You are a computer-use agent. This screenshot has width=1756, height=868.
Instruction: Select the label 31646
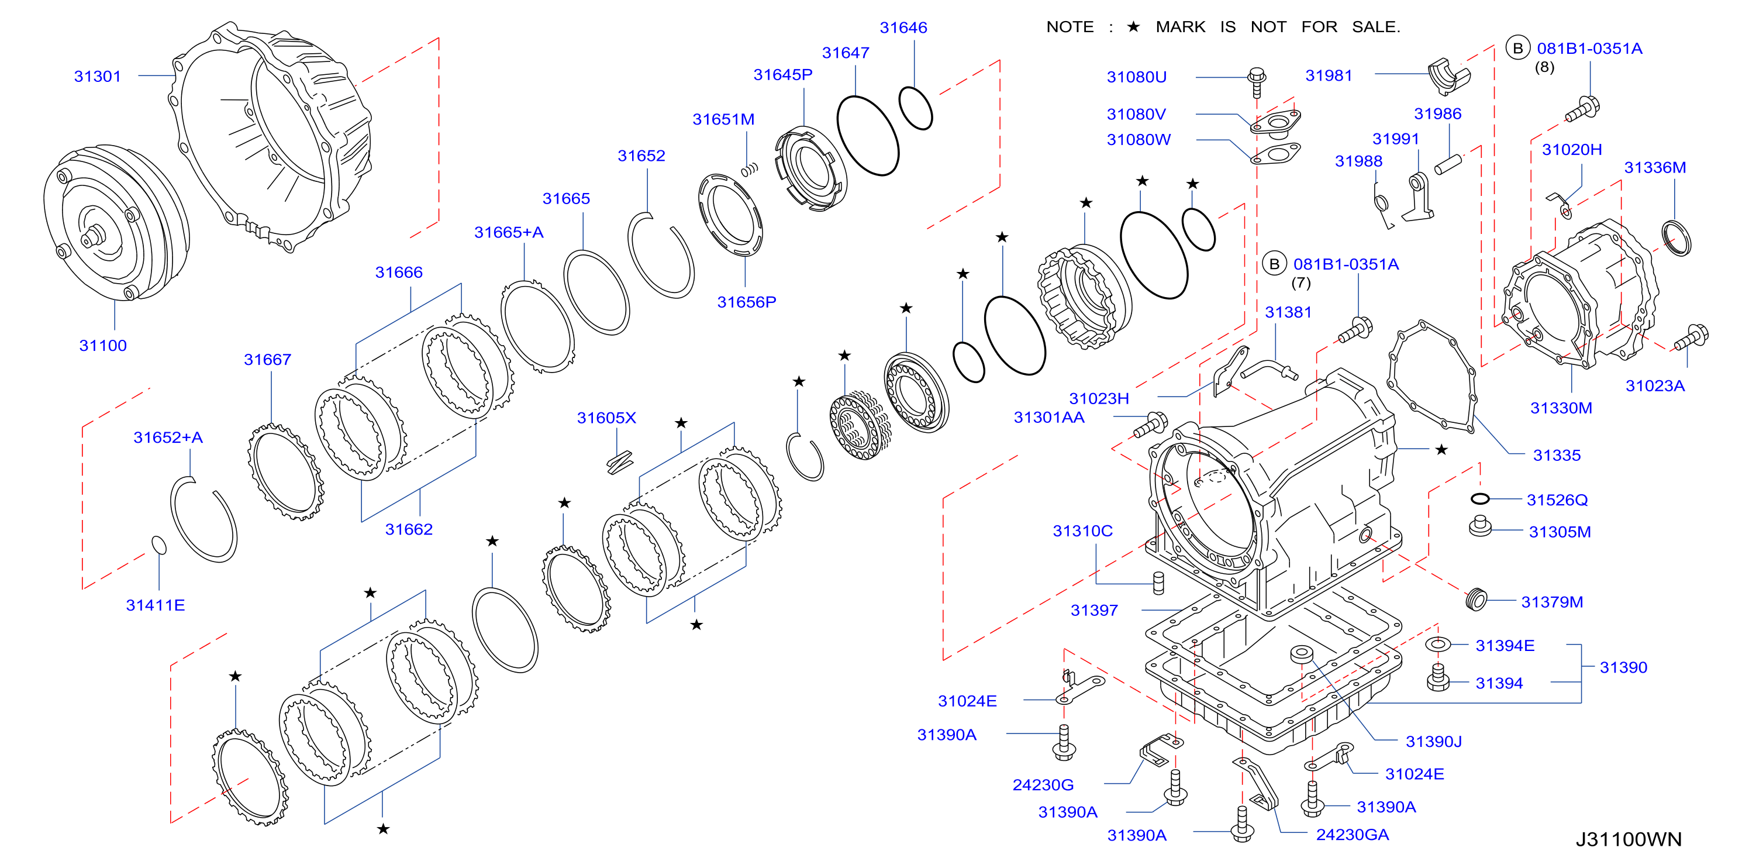(903, 27)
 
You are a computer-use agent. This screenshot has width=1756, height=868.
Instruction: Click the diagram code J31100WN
(1629, 839)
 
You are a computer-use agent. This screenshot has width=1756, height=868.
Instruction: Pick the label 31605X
(606, 418)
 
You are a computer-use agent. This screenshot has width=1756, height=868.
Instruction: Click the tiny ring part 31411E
(158, 546)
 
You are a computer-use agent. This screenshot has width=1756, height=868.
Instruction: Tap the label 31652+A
(168, 438)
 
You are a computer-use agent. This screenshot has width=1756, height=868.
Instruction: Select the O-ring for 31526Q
(1480, 499)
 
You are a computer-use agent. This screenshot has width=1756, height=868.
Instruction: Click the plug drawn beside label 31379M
(1475, 600)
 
